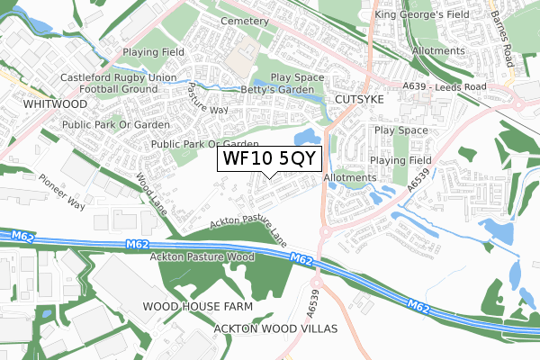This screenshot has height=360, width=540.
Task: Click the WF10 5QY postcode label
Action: (267, 159)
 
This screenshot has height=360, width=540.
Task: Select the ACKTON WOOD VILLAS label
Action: (275, 329)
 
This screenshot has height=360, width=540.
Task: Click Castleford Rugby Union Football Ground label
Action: (105, 84)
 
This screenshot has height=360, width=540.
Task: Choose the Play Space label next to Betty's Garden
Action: (296, 78)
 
